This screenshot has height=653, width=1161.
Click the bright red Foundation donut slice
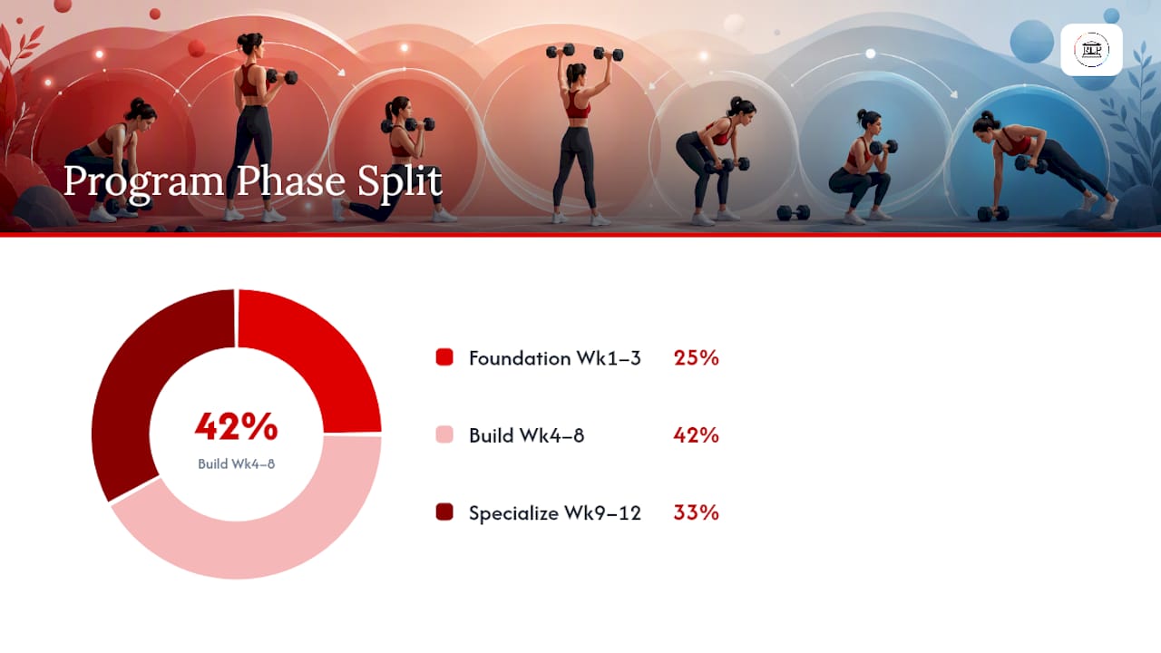coord(321,363)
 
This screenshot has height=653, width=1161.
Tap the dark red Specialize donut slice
coord(140,384)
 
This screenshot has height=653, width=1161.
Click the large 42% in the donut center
coord(237,426)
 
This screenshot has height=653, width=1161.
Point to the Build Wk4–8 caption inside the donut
coord(237,463)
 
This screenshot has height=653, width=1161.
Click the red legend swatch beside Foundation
coord(444,357)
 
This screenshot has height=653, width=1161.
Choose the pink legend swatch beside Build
coord(444,434)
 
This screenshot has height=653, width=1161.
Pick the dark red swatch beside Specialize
coord(444,512)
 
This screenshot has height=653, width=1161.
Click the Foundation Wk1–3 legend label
coord(554,358)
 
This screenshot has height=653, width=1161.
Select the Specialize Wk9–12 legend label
coord(554,512)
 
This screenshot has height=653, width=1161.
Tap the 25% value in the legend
coord(696,357)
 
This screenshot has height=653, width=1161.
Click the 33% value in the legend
coord(696,512)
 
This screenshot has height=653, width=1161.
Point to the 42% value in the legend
coord(696,434)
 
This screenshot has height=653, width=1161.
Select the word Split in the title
coord(400,182)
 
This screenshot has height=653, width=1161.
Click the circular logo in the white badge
coord(1091,50)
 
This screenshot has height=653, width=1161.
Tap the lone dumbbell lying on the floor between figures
coord(793,212)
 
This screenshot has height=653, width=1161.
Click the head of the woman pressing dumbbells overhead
coord(576,73)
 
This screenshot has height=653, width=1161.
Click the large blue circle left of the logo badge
coord(1031,42)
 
